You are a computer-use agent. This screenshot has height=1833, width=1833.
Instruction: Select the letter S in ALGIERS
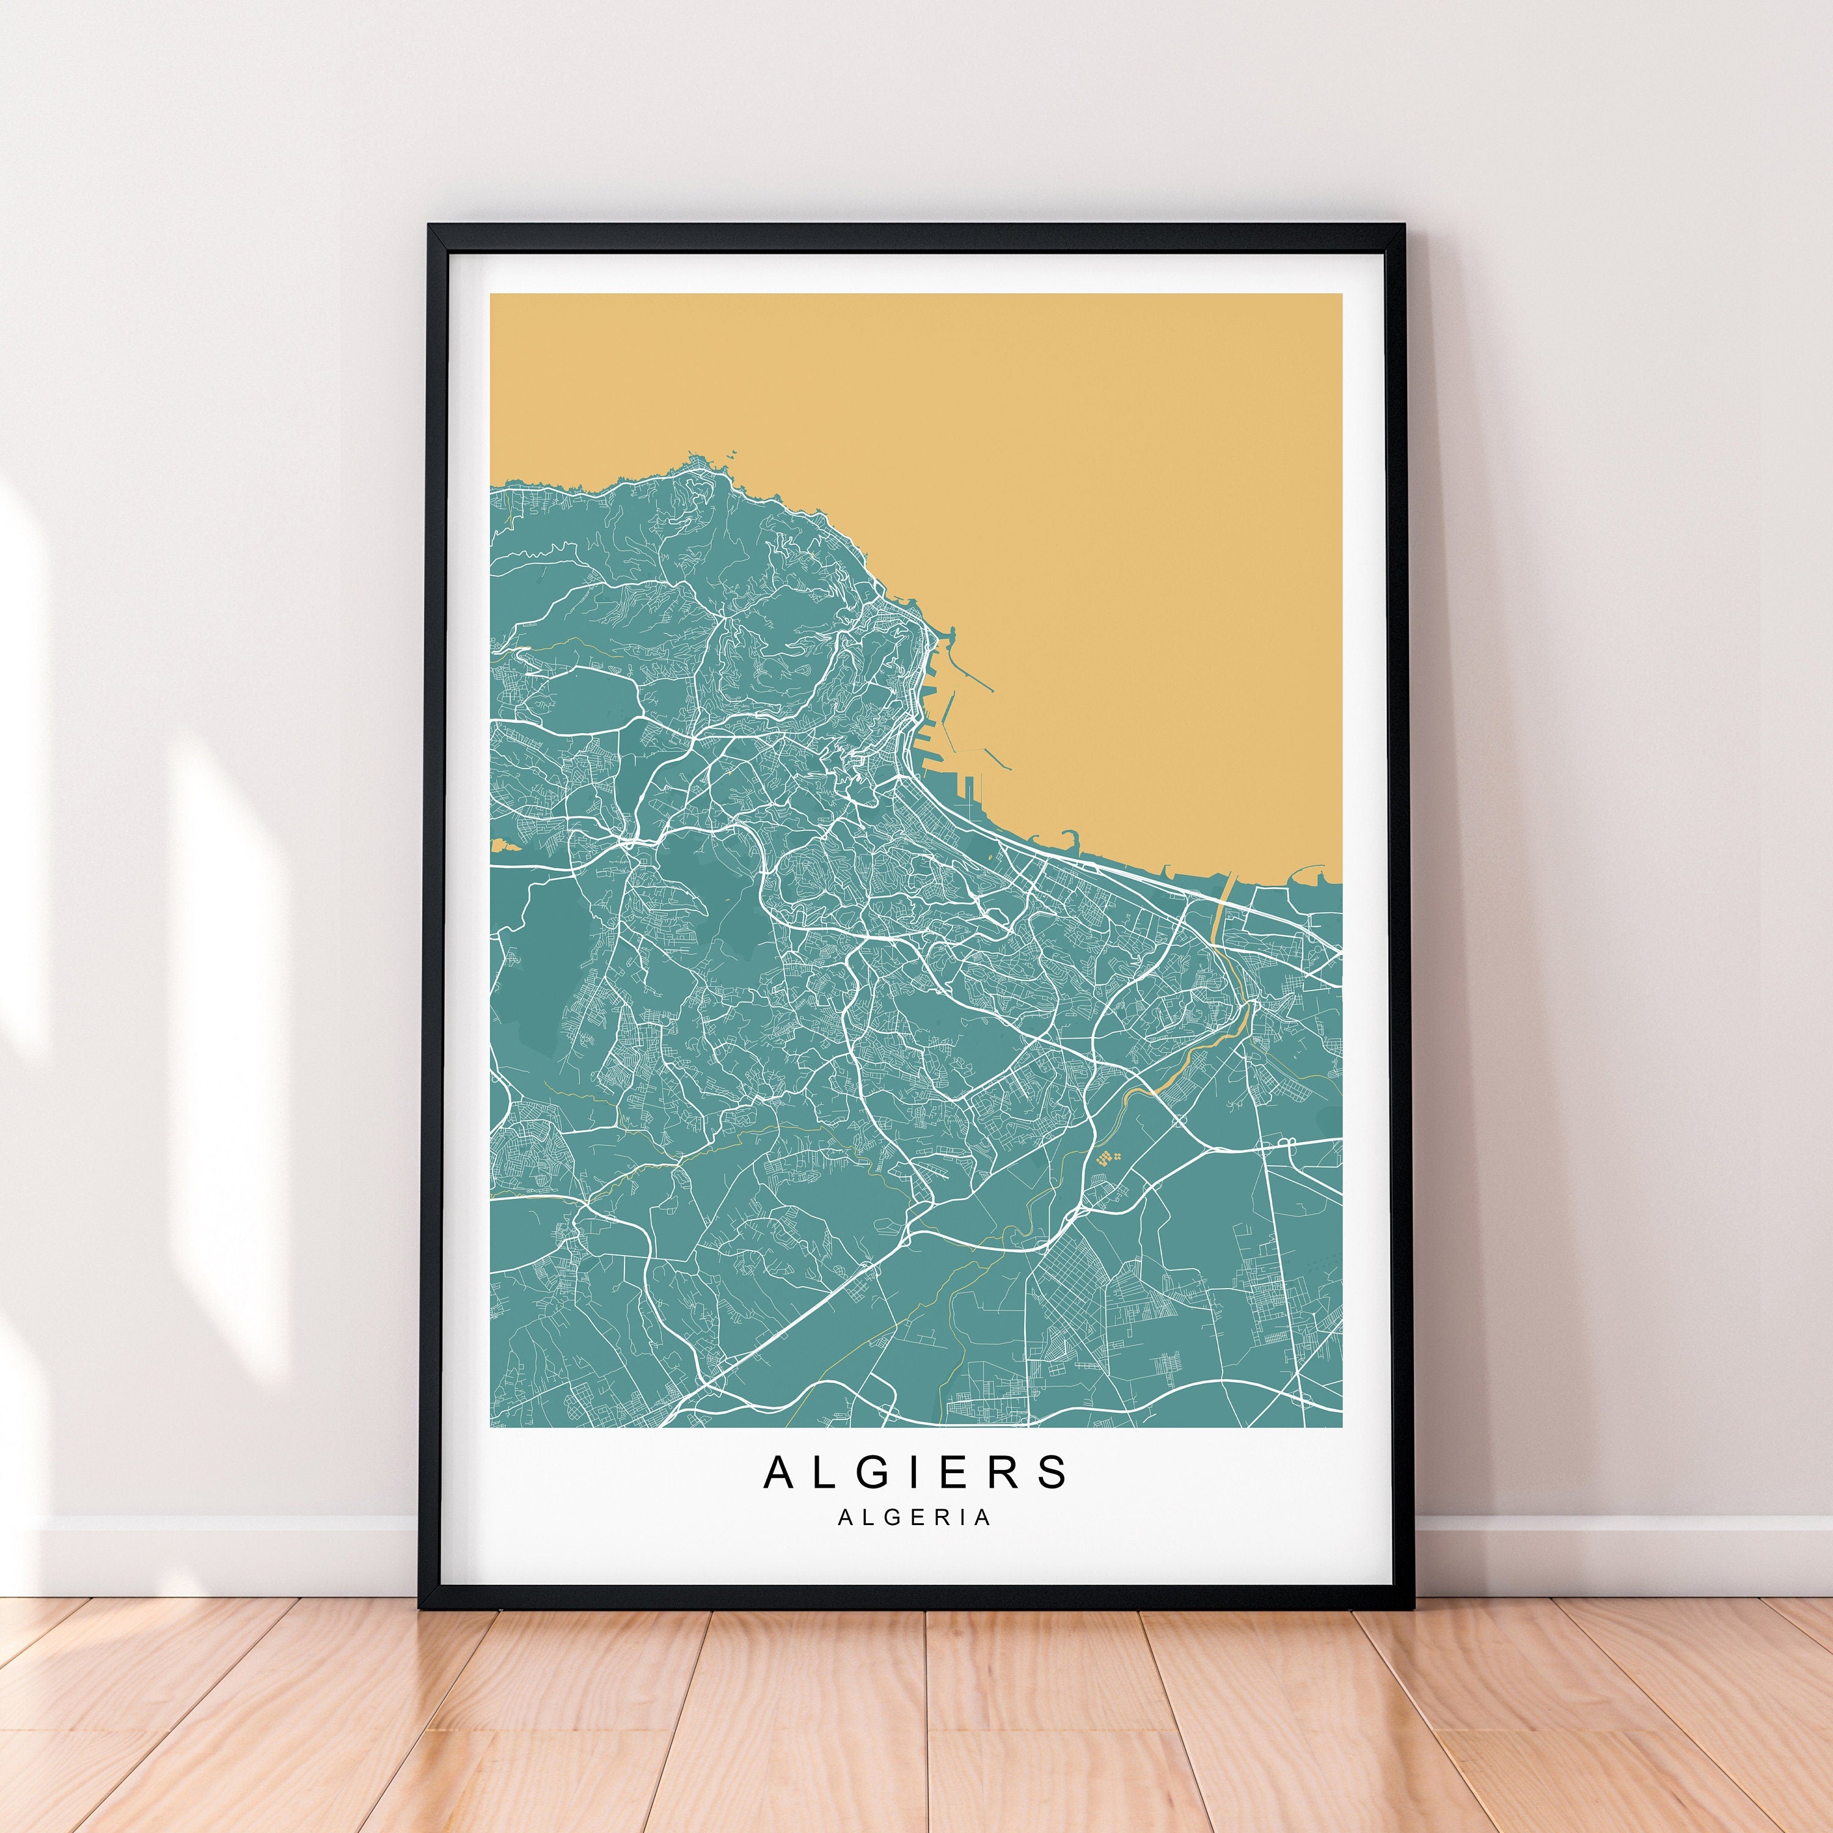coord(1053,1471)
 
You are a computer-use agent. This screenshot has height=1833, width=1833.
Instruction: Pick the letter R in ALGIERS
coord(1002,1471)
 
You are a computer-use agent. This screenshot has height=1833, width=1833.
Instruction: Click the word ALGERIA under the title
coord(915,1518)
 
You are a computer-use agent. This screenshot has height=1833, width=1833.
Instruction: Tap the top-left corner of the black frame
coord(431,226)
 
